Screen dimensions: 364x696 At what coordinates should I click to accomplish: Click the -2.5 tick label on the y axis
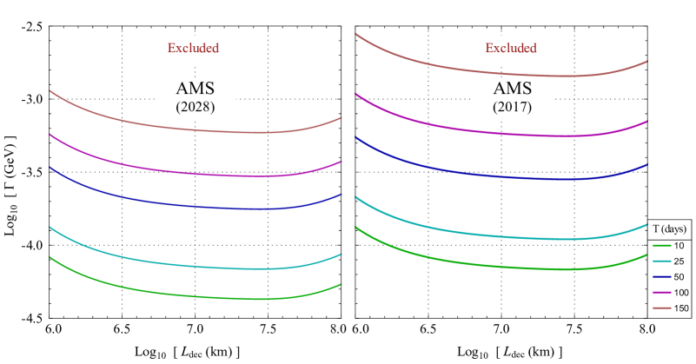32,27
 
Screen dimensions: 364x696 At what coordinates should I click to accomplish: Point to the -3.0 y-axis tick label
32,100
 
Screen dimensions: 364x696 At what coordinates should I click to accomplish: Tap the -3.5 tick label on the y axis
32,173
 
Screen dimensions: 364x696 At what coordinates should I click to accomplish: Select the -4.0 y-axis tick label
32,246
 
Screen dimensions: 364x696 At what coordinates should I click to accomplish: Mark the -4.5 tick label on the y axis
32,319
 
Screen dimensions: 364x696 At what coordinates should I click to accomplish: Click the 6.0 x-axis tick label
52,330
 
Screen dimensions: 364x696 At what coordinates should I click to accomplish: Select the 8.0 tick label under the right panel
646,330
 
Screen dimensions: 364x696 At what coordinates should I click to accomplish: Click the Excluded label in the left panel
194,49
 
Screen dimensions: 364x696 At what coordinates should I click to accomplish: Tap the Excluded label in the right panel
510,49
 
